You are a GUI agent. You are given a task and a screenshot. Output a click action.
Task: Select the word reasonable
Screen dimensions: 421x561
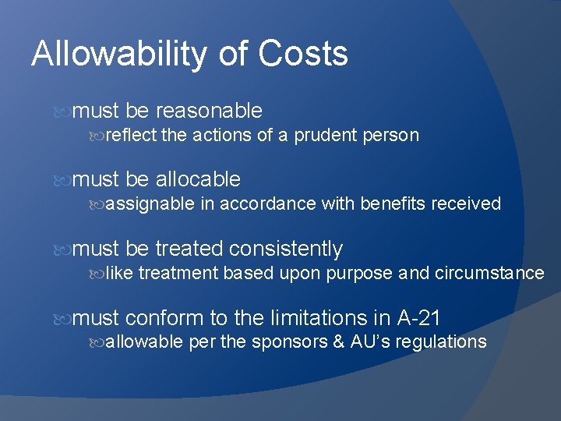tap(209, 111)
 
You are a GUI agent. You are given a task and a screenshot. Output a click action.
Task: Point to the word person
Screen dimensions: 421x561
tap(390, 136)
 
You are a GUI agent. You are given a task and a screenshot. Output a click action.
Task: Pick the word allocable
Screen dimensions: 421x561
tap(198, 180)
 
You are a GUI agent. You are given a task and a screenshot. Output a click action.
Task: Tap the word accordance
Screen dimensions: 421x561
tap(268, 204)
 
